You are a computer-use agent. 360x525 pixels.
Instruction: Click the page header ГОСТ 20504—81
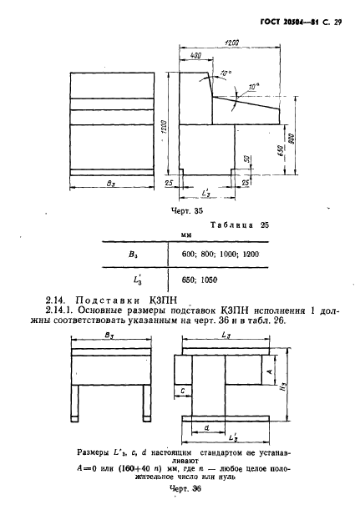290,23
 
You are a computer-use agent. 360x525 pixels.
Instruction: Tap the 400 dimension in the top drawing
195,56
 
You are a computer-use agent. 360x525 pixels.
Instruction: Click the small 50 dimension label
247,159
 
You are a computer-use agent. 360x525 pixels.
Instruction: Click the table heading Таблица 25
240,225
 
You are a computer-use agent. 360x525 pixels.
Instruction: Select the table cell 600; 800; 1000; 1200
221,255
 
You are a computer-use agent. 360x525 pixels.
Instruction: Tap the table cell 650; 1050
200,280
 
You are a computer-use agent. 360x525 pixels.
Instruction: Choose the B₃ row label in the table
133,255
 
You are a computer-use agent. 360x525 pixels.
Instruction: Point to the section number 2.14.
55,300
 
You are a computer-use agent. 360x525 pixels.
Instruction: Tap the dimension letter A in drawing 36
271,371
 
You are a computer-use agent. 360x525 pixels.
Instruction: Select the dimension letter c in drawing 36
183,391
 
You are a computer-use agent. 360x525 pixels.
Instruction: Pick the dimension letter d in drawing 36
206,427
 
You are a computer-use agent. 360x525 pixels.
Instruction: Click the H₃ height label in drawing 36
284,388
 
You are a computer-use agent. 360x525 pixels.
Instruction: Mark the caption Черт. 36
185,489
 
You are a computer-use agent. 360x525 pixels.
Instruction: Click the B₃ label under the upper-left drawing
110,184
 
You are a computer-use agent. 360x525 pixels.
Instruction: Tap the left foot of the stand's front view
74,403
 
